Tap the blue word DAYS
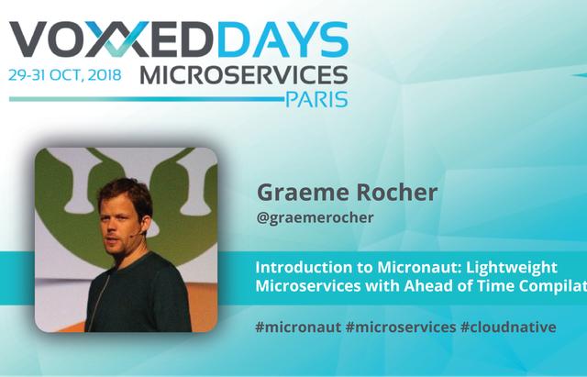pos(283,39)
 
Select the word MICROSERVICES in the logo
pos(244,75)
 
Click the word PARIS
pos(316,99)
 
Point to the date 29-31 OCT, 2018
pos(65,75)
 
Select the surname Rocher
pos(397,193)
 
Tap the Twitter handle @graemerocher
pos(315,217)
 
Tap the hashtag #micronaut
pos(298,327)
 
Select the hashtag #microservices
pos(401,327)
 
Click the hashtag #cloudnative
pos(508,327)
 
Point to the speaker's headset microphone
pos(137,234)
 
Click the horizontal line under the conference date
pos(146,99)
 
